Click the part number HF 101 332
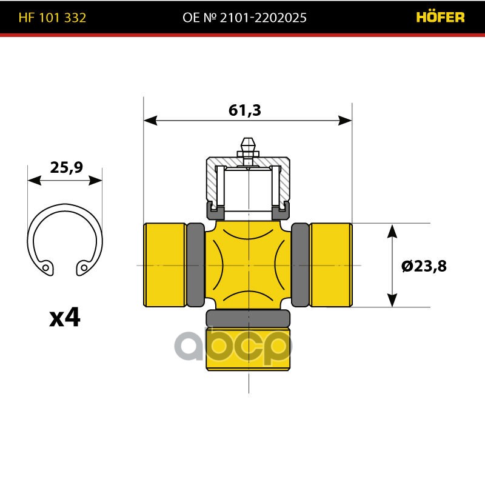52,18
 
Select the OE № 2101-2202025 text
244,18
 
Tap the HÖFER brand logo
440,18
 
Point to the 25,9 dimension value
66,168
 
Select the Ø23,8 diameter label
424,266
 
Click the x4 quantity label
65,317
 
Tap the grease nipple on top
247,147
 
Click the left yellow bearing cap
164,265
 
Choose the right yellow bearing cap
330,265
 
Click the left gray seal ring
195,265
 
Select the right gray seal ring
300,265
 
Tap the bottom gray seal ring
248,318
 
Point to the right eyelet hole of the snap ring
84,266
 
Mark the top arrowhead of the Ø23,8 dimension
392,230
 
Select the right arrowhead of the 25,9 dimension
96,180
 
